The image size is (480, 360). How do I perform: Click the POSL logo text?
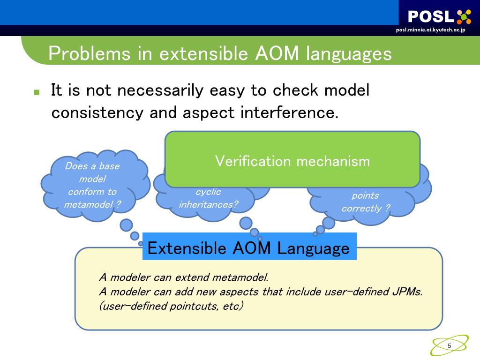click(431, 17)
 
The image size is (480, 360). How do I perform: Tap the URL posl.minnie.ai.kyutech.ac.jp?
click(430, 30)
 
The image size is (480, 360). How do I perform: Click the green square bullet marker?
click(37, 92)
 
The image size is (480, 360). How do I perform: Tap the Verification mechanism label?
click(292, 161)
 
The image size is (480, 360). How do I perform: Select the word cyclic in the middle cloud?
click(208, 192)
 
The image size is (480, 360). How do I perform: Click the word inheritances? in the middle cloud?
click(208, 204)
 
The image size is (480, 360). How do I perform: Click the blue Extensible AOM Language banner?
click(249, 247)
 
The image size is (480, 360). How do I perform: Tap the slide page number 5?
click(450, 346)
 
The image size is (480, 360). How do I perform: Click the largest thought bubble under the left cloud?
click(127, 225)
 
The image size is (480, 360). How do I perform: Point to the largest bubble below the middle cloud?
click(246, 223)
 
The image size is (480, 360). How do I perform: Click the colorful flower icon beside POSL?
click(464, 17)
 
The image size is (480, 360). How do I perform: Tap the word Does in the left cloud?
click(75, 166)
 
